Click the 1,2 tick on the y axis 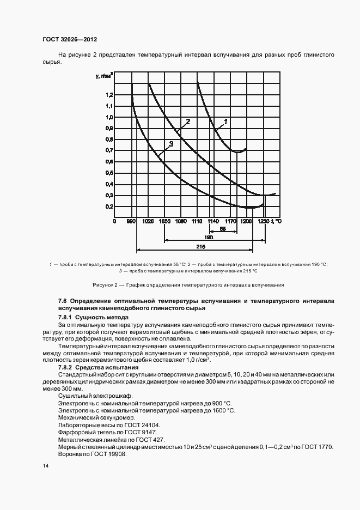(x=109, y=95)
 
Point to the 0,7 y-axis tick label (x=109, y=150)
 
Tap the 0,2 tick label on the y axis (x=109, y=207)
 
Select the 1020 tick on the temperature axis (x=148, y=222)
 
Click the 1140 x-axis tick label (x=214, y=222)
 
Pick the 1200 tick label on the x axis (x=247, y=222)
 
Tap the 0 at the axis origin (x=114, y=222)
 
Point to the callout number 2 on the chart (x=187, y=122)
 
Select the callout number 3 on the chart (x=170, y=144)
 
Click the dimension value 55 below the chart (x=223, y=229)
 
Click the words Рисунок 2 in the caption (x=105, y=285)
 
